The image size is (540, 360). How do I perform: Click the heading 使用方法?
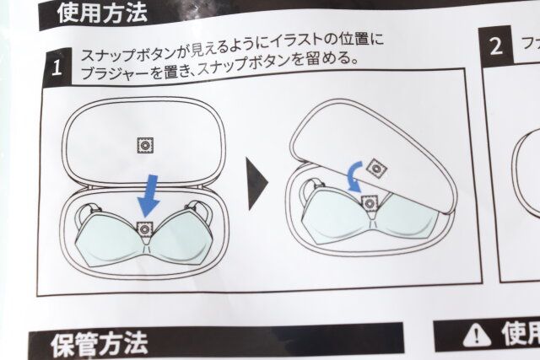[x=102, y=12]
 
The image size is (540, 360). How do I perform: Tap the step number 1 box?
[x=57, y=68]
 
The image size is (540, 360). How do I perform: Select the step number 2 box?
[x=498, y=46]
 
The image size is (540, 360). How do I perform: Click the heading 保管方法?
[x=100, y=343]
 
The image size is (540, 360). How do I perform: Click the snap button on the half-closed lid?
[x=377, y=169]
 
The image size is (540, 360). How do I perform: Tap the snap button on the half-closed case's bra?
[x=370, y=201]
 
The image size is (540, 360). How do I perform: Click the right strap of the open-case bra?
[x=203, y=210]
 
